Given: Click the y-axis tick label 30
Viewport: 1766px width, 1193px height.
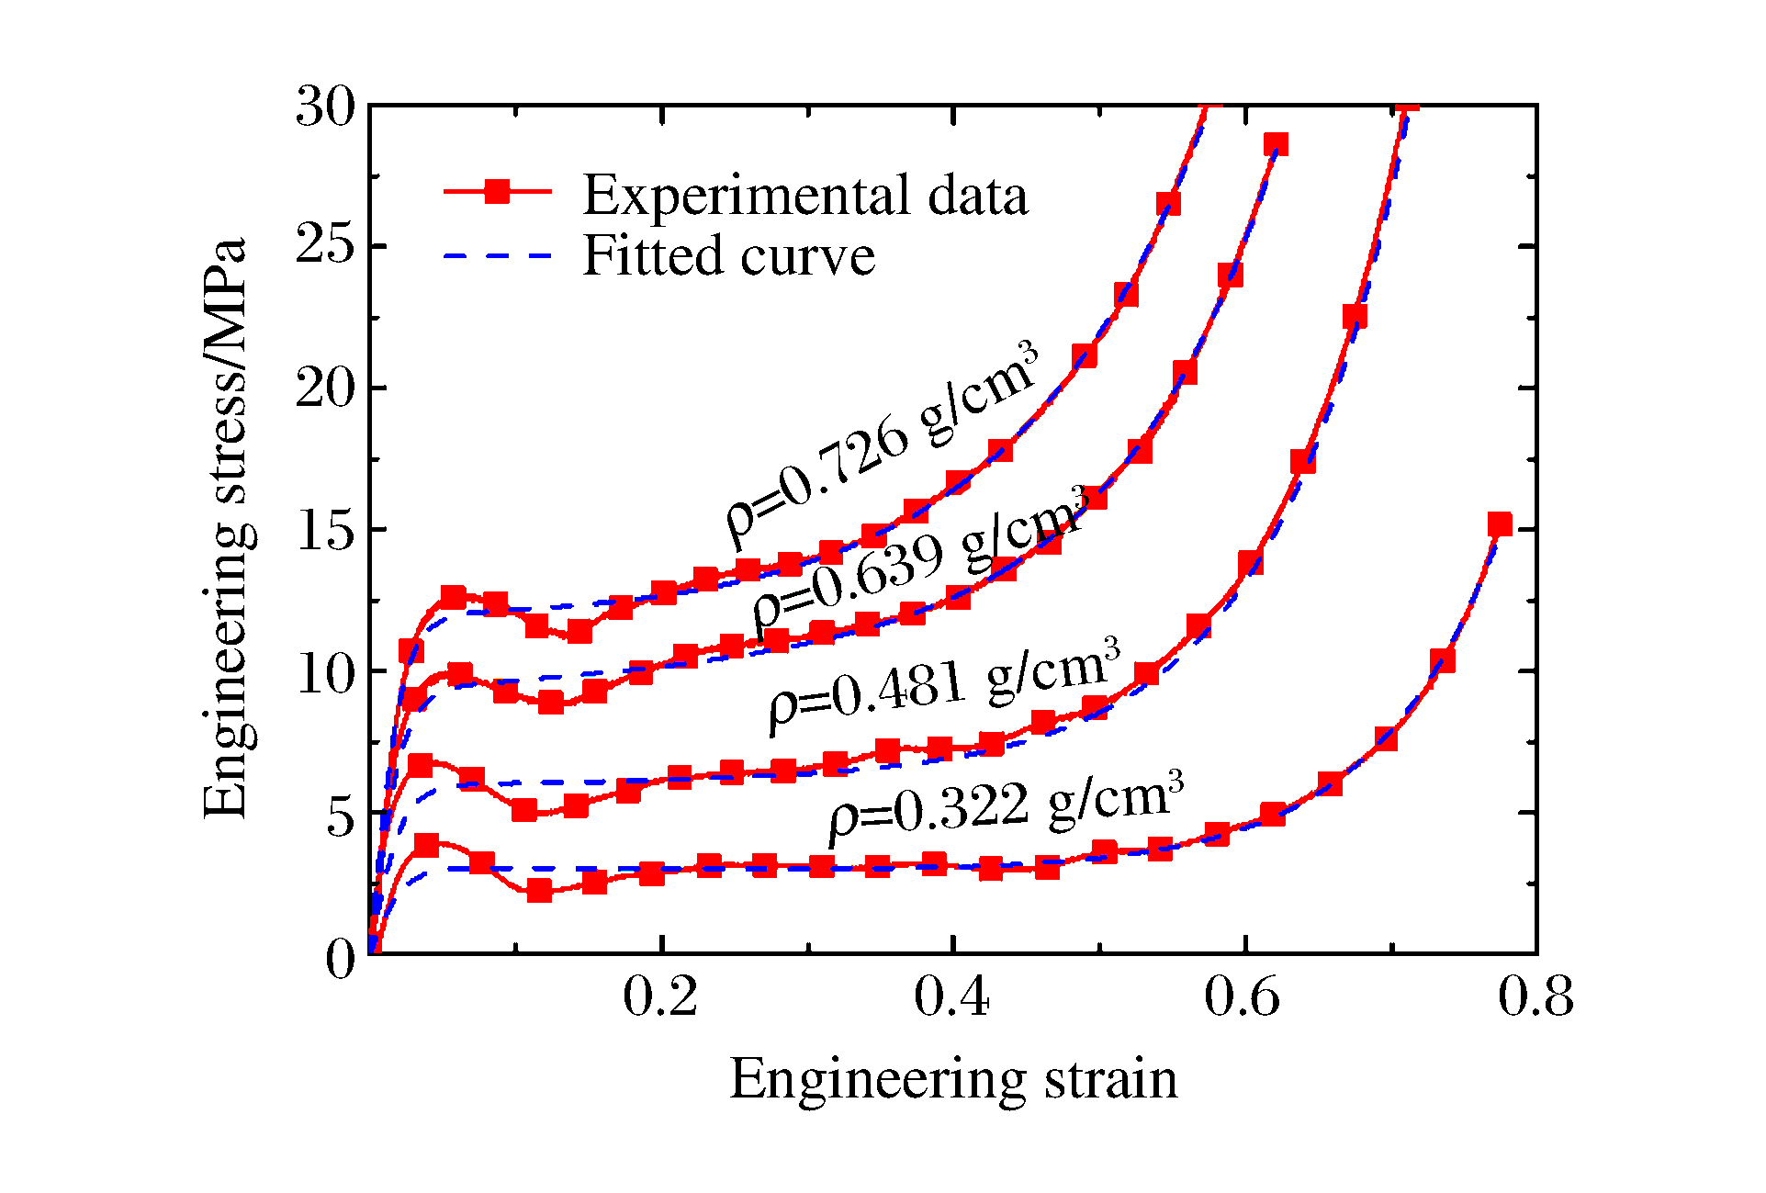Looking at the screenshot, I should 325,107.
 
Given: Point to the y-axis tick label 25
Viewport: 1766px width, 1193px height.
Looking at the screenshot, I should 325,246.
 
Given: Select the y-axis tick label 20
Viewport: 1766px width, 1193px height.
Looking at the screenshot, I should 325,388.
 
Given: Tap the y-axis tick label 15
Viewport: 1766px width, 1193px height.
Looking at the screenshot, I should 325,530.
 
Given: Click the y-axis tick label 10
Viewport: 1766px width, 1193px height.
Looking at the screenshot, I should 325,673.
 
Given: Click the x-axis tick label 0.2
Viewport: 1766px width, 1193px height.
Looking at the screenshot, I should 660,996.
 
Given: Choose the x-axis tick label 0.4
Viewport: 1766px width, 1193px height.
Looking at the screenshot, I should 952,996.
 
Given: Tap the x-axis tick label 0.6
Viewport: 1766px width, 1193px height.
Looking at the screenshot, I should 1243,996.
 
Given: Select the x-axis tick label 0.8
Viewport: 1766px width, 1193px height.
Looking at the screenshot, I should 1535,996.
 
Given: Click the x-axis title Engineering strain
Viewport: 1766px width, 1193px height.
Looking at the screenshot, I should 953,1079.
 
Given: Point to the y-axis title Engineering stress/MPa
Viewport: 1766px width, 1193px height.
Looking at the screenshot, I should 225,528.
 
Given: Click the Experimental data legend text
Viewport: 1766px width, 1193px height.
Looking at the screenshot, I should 805,195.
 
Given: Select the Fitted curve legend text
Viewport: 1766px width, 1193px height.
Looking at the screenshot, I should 729,255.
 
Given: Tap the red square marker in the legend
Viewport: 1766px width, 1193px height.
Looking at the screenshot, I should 497,191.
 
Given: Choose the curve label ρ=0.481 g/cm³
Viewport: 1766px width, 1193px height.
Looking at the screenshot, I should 946,684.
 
